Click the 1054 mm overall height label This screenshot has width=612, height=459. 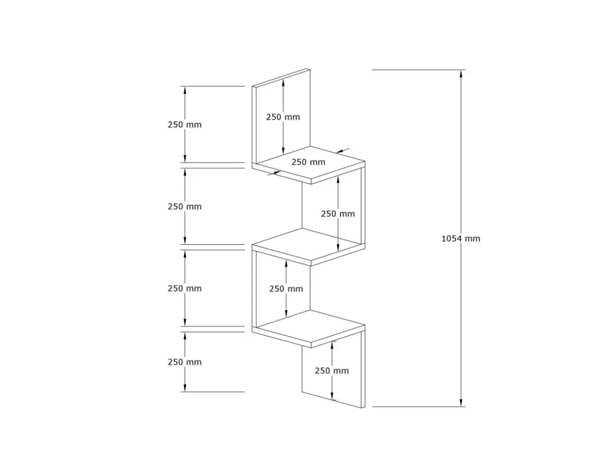pyautogui.click(x=461, y=238)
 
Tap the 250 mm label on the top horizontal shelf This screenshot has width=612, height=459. pyautogui.click(x=308, y=162)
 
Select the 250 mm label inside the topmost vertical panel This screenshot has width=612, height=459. pyautogui.click(x=283, y=117)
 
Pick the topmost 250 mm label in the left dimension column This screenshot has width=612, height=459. pyautogui.click(x=185, y=125)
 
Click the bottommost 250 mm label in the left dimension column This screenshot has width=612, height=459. pyautogui.click(x=185, y=362)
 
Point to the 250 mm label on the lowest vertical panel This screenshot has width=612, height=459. pyautogui.click(x=332, y=370)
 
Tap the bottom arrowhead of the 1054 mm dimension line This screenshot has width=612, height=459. pyautogui.click(x=461, y=403)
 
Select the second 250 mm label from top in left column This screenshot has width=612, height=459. pyautogui.click(x=185, y=206)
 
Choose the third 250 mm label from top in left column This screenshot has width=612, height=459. pyautogui.click(x=185, y=289)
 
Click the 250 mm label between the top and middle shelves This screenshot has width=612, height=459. pyautogui.click(x=338, y=214)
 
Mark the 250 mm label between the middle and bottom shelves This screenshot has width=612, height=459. pyautogui.click(x=286, y=289)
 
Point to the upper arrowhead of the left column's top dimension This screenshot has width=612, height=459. pyautogui.click(x=185, y=90)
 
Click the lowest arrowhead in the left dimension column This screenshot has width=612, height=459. pyautogui.click(x=185, y=388)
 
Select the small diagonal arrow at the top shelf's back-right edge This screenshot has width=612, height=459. pyautogui.click(x=342, y=151)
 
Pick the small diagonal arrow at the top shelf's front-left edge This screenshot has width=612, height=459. pyautogui.click(x=274, y=173)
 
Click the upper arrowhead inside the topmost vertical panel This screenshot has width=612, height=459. pyautogui.click(x=283, y=82)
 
